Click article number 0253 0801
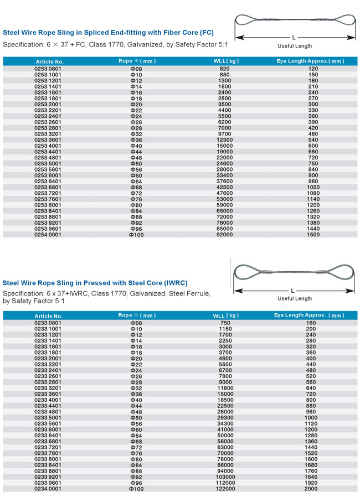point(48,69)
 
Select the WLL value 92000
point(223,235)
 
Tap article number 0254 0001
point(48,235)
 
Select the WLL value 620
point(223,69)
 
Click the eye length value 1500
point(313,235)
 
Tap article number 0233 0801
point(48,323)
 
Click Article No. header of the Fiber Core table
point(50,61)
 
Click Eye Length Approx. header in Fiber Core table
point(310,61)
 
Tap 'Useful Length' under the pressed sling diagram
point(295,298)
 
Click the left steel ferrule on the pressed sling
point(265,272)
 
